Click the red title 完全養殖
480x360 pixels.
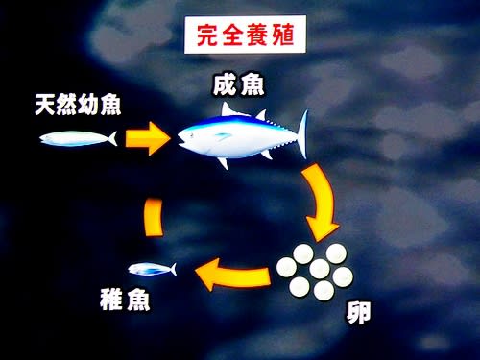[245, 35]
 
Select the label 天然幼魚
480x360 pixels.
[78, 105]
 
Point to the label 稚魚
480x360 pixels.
[125, 300]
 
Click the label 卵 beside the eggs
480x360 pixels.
[358, 313]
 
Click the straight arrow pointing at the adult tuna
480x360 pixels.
[147, 138]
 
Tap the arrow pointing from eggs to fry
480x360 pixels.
[232, 276]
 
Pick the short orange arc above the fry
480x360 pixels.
[154, 217]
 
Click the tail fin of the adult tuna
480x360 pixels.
[302, 134]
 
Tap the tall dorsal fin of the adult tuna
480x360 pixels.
[228, 109]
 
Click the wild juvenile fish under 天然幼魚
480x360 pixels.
[78, 139]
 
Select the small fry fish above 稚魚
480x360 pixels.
[153, 269]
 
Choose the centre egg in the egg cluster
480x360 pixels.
[320, 269]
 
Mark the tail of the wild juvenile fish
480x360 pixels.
[112, 138]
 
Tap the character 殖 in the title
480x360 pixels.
[283, 35]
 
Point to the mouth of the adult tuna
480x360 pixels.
[181, 141]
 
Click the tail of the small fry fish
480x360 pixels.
[174, 269]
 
